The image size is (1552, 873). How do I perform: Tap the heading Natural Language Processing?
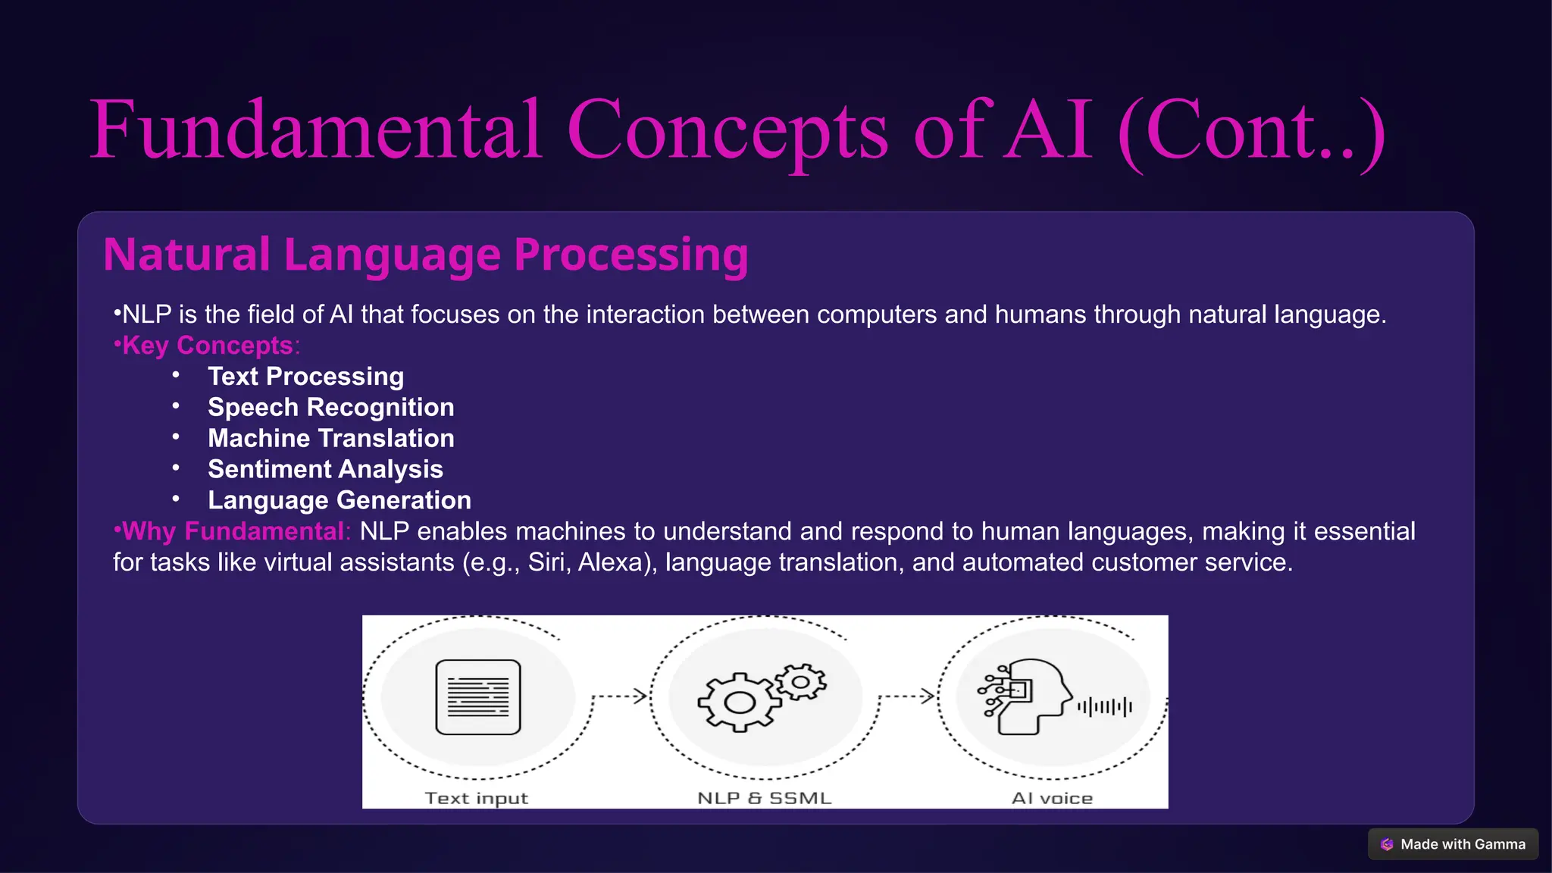pyautogui.click(x=425, y=255)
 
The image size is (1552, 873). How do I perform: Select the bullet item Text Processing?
pyautogui.click(x=305, y=377)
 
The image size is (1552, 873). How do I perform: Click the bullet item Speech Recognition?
pyautogui.click(x=330, y=408)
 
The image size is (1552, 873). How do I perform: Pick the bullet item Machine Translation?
pyautogui.click(x=330, y=439)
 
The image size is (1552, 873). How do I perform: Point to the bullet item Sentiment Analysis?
pyautogui.click(x=325, y=470)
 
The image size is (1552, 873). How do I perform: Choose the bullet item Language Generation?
pyautogui.click(x=339, y=501)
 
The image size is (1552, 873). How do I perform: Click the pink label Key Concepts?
pyautogui.click(x=208, y=346)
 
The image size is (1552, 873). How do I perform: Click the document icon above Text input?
pyautogui.click(x=478, y=697)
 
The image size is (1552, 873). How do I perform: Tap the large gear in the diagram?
pyautogui.click(x=739, y=702)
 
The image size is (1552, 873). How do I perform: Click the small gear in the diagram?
pyautogui.click(x=801, y=681)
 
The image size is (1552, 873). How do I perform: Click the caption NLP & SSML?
pyautogui.click(x=764, y=798)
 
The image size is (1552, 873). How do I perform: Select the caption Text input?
pyautogui.click(x=476, y=798)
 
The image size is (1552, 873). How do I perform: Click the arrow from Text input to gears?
pyautogui.click(x=620, y=696)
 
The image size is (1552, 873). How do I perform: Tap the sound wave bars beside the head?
pyautogui.click(x=1105, y=707)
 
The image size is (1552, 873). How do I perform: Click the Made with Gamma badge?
pyautogui.click(x=1453, y=844)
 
